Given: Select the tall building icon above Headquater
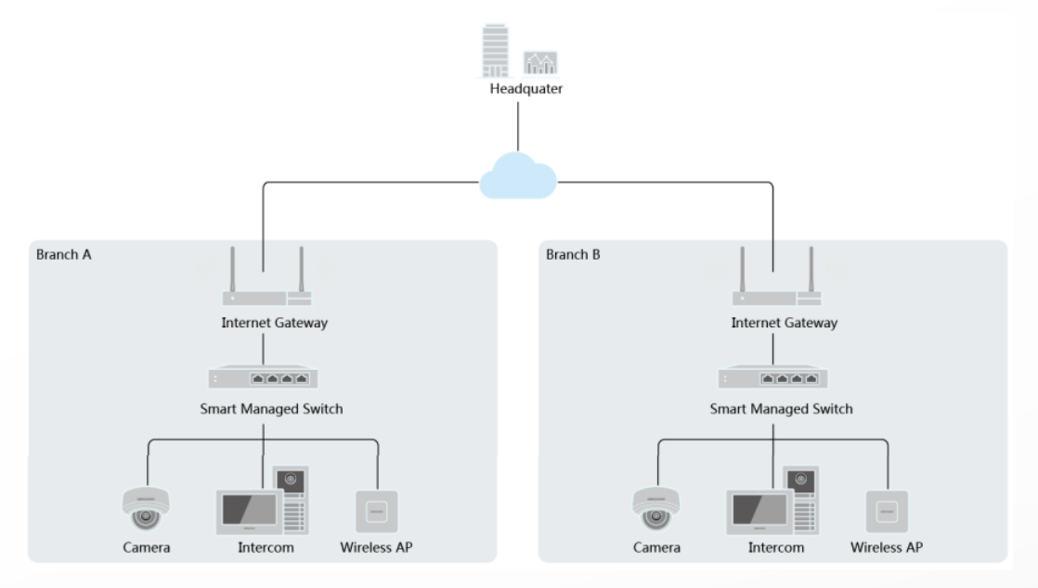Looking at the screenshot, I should point(496,52).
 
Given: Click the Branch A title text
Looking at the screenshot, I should point(63,253).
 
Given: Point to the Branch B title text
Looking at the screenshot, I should point(574,253).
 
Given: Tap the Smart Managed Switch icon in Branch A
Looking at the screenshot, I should point(263,378).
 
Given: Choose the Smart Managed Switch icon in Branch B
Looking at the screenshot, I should point(773,378).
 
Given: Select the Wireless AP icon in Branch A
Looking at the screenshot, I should point(376,511).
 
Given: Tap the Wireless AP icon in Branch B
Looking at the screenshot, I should point(887,511).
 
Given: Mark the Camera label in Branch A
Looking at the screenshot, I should point(146,547).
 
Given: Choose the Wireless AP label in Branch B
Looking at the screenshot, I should point(887,547).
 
